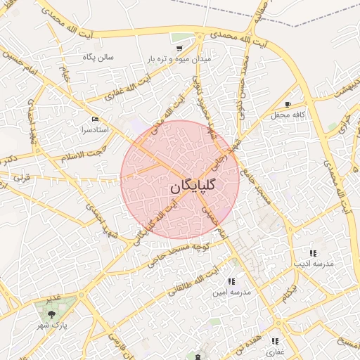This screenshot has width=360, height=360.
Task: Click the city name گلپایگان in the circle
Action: coord(193,188)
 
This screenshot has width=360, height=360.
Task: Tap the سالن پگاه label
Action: coord(98,56)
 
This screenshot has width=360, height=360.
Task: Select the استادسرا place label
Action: coord(95,130)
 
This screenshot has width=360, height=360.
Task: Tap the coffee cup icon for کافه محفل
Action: coord(288,104)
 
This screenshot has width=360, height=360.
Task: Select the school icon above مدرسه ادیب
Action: coord(312,252)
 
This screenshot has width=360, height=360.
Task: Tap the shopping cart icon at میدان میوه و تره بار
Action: coord(180,49)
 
